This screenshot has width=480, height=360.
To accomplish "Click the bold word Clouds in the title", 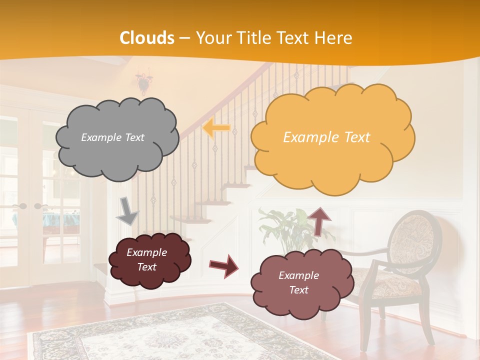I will pos(147,38).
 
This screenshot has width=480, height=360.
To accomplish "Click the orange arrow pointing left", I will pos(216,128).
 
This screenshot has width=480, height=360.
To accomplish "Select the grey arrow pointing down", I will pos(128,210).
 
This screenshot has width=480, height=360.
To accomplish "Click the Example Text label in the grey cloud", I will pos(113,137).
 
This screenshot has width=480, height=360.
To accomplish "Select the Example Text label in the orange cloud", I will pos(326,137).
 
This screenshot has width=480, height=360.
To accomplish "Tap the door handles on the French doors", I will pos(30,206).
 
